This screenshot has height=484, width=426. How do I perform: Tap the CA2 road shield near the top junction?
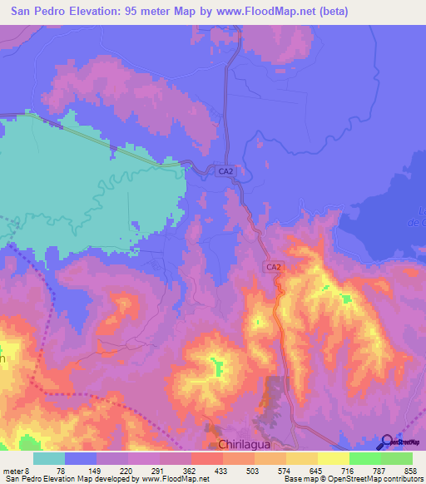(225, 171)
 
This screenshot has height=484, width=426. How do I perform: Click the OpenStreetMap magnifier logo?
(388, 442)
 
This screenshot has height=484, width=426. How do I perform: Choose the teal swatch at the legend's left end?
(49, 458)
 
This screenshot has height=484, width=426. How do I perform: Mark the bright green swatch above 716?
(365, 458)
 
